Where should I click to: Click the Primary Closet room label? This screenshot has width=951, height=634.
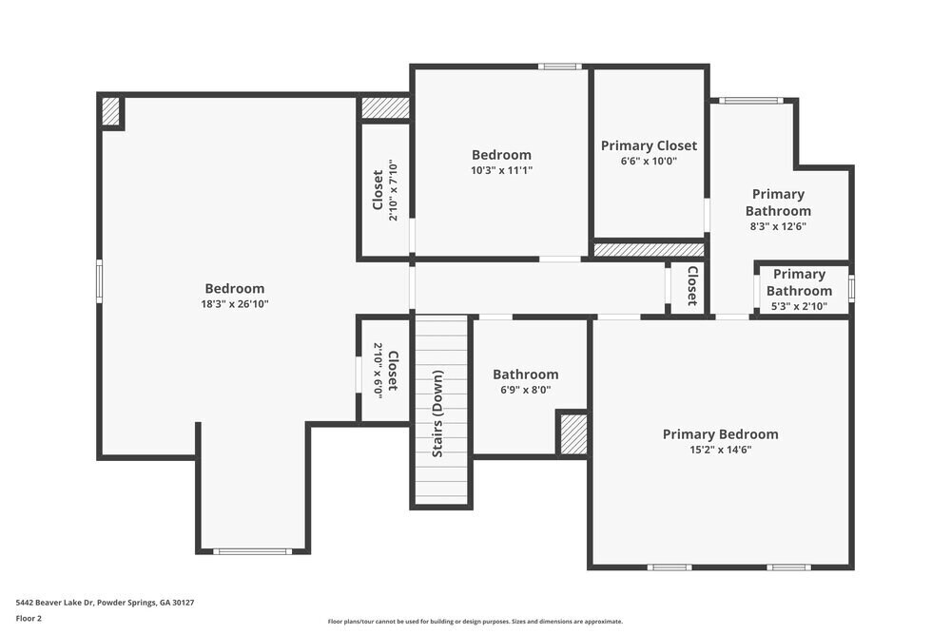[x=649, y=145]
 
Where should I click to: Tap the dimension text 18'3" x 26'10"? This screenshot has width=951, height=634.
[x=235, y=304]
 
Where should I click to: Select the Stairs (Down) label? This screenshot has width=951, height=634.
[x=437, y=413]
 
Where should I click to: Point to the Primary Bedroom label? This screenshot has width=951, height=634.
[x=720, y=434]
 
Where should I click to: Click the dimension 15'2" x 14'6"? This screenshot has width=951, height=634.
[x=720, y=450]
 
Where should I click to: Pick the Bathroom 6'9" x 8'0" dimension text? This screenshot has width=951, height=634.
[x=525, y=390]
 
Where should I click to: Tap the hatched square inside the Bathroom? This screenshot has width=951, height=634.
[x=573, y=433]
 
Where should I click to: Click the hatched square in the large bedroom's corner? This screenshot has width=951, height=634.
[x=111, y=111]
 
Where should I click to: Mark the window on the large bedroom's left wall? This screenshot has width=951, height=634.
[x=99, y=282]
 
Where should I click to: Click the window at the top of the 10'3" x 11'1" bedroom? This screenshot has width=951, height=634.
[x=559, y=67]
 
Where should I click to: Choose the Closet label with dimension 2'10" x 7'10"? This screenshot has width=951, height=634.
[x=378, y=190]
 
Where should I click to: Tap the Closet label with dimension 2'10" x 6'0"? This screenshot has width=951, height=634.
[x=392, y=371]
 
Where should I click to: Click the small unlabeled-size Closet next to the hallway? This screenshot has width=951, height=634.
[x=691, y=285]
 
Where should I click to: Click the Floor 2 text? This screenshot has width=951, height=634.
[x=29, y=618]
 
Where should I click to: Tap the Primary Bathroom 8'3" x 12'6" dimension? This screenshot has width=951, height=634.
[x=777, y=226]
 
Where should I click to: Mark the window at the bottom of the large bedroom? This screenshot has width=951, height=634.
[x=252, y=551]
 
